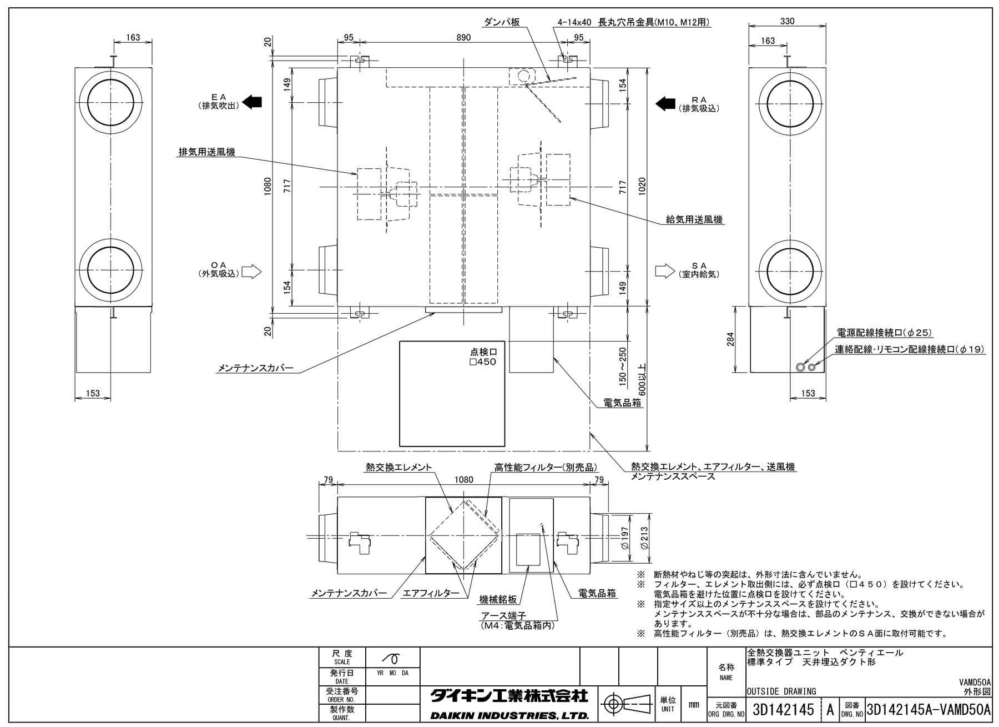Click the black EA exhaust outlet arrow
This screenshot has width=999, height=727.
(253, 102)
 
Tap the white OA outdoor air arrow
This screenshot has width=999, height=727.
(251, 272)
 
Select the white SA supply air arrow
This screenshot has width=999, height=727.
(664, 271)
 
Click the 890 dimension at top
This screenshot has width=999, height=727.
(463, 38)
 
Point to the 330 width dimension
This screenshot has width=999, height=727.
(787, 21)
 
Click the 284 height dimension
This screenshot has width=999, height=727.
(730, 339)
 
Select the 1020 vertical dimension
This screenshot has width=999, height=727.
(642, 187)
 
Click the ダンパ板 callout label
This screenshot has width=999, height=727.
(502, 22)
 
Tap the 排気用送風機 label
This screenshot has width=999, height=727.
(206, 152)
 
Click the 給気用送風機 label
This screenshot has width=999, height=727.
(694, 220)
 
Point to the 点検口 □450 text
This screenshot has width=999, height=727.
(483, 357)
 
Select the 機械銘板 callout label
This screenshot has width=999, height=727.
(498, 599)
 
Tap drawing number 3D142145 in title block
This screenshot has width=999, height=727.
(783, 710)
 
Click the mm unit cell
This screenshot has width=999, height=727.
(694, 705)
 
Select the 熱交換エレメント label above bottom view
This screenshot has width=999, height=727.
(398, 468)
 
